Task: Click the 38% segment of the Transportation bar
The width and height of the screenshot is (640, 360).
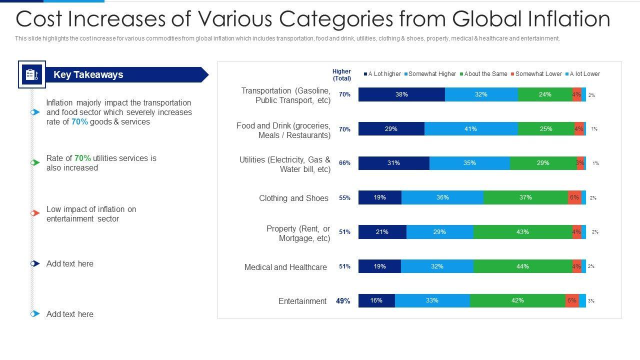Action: [x=401, y=94]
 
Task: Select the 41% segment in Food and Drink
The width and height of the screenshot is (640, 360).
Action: [x=470, y=129]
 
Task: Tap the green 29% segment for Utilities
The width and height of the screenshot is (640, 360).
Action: [x=543, y=163]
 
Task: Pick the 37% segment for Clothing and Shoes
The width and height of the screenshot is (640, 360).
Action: [x=525, y=197]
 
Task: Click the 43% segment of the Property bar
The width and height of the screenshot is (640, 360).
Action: [x=522, y=232]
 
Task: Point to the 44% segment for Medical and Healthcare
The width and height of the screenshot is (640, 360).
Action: [x=522, y=266]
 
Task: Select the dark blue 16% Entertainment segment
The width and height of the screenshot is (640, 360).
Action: [x=376, y=300]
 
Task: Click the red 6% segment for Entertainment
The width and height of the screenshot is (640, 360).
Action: [x=572, y=300]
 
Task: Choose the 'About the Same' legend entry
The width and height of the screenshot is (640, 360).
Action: [x=485, y=74]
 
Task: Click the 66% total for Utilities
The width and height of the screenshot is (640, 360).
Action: [x=344, y=163]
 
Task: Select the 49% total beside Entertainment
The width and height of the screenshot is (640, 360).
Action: [x=343, y=301]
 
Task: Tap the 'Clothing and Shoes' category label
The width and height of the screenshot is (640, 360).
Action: [x=293, y=198]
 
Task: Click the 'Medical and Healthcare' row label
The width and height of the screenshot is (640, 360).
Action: [x=285, y=267]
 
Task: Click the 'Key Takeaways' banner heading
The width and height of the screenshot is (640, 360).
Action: [x=88, y=75]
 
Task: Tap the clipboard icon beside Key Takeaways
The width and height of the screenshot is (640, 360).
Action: [x=32, y=74]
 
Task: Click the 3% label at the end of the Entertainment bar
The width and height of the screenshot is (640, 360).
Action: [x=591, y=301]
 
